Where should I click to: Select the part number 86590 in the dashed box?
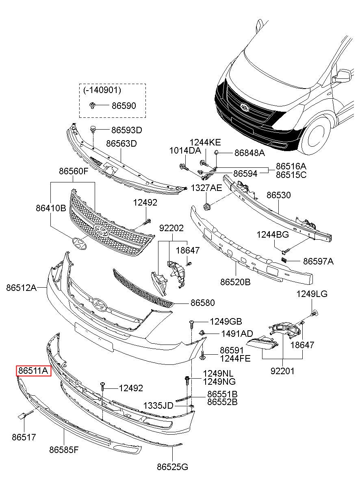[x=124, y=106]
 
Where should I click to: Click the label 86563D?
[x=121, y=143]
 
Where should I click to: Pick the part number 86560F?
[x=73, y=171]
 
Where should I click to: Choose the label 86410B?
[x=50, y=209]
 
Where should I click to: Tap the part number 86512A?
[x=21, y=288]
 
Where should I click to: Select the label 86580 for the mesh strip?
[x=203, y=303]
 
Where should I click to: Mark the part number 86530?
[x=278, y=195]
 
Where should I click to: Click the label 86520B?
[x=235, y=281]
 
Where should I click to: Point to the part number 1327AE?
[x=206, y=188]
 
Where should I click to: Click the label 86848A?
[x=249, y=153]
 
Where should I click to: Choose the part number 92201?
[x=282, y=371]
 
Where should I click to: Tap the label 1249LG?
[x=312, y=294]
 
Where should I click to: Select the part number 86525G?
[x=172, y=467]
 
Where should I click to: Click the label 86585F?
[x=64, y=450]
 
